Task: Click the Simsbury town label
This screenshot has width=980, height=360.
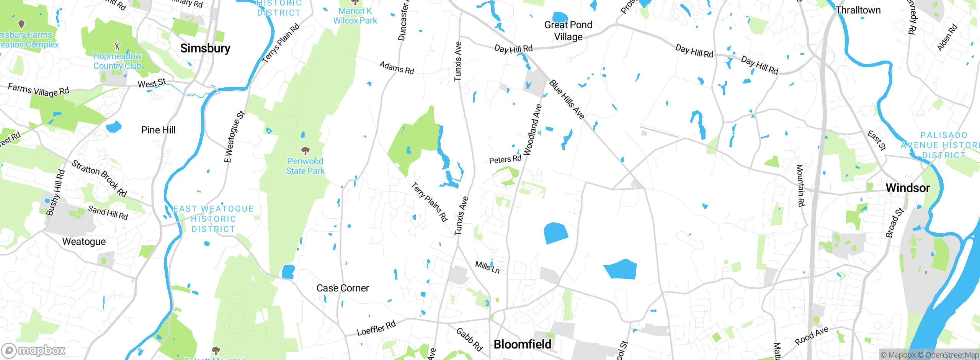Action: click(x=205, y=48)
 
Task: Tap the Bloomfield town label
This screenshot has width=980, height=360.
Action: click(x=523, y=344)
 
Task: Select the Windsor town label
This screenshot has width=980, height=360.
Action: click(x=908, y=188)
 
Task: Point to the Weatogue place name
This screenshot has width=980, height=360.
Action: click(x=84, y=242)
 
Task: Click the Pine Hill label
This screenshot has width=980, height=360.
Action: click(x=158, y=130)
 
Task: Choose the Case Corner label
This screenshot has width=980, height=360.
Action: click(x=343, y=288)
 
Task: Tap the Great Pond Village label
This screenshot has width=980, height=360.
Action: click(x=568, y=31)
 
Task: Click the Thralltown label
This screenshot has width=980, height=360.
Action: click(x=858, y=10)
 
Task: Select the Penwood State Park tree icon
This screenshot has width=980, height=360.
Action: click(x=305, y=150)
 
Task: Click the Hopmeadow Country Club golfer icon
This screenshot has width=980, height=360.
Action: click(x=117, y=46)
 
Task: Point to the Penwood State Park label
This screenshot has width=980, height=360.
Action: click(x=305, y=166)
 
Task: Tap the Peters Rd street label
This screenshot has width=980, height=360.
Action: click(x=505, y=159)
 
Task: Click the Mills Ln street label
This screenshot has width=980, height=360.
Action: click(x=487, y=267)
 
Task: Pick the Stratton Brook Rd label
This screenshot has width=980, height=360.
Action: click(x=99, y=178)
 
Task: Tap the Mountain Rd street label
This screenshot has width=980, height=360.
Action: click(x=800, y=185)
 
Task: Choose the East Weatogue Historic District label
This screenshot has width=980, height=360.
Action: click(x=213, y=219)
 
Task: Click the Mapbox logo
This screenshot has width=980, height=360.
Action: click(x=34, y=350)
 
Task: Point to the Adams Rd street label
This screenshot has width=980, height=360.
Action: click(x=397, y=68)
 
